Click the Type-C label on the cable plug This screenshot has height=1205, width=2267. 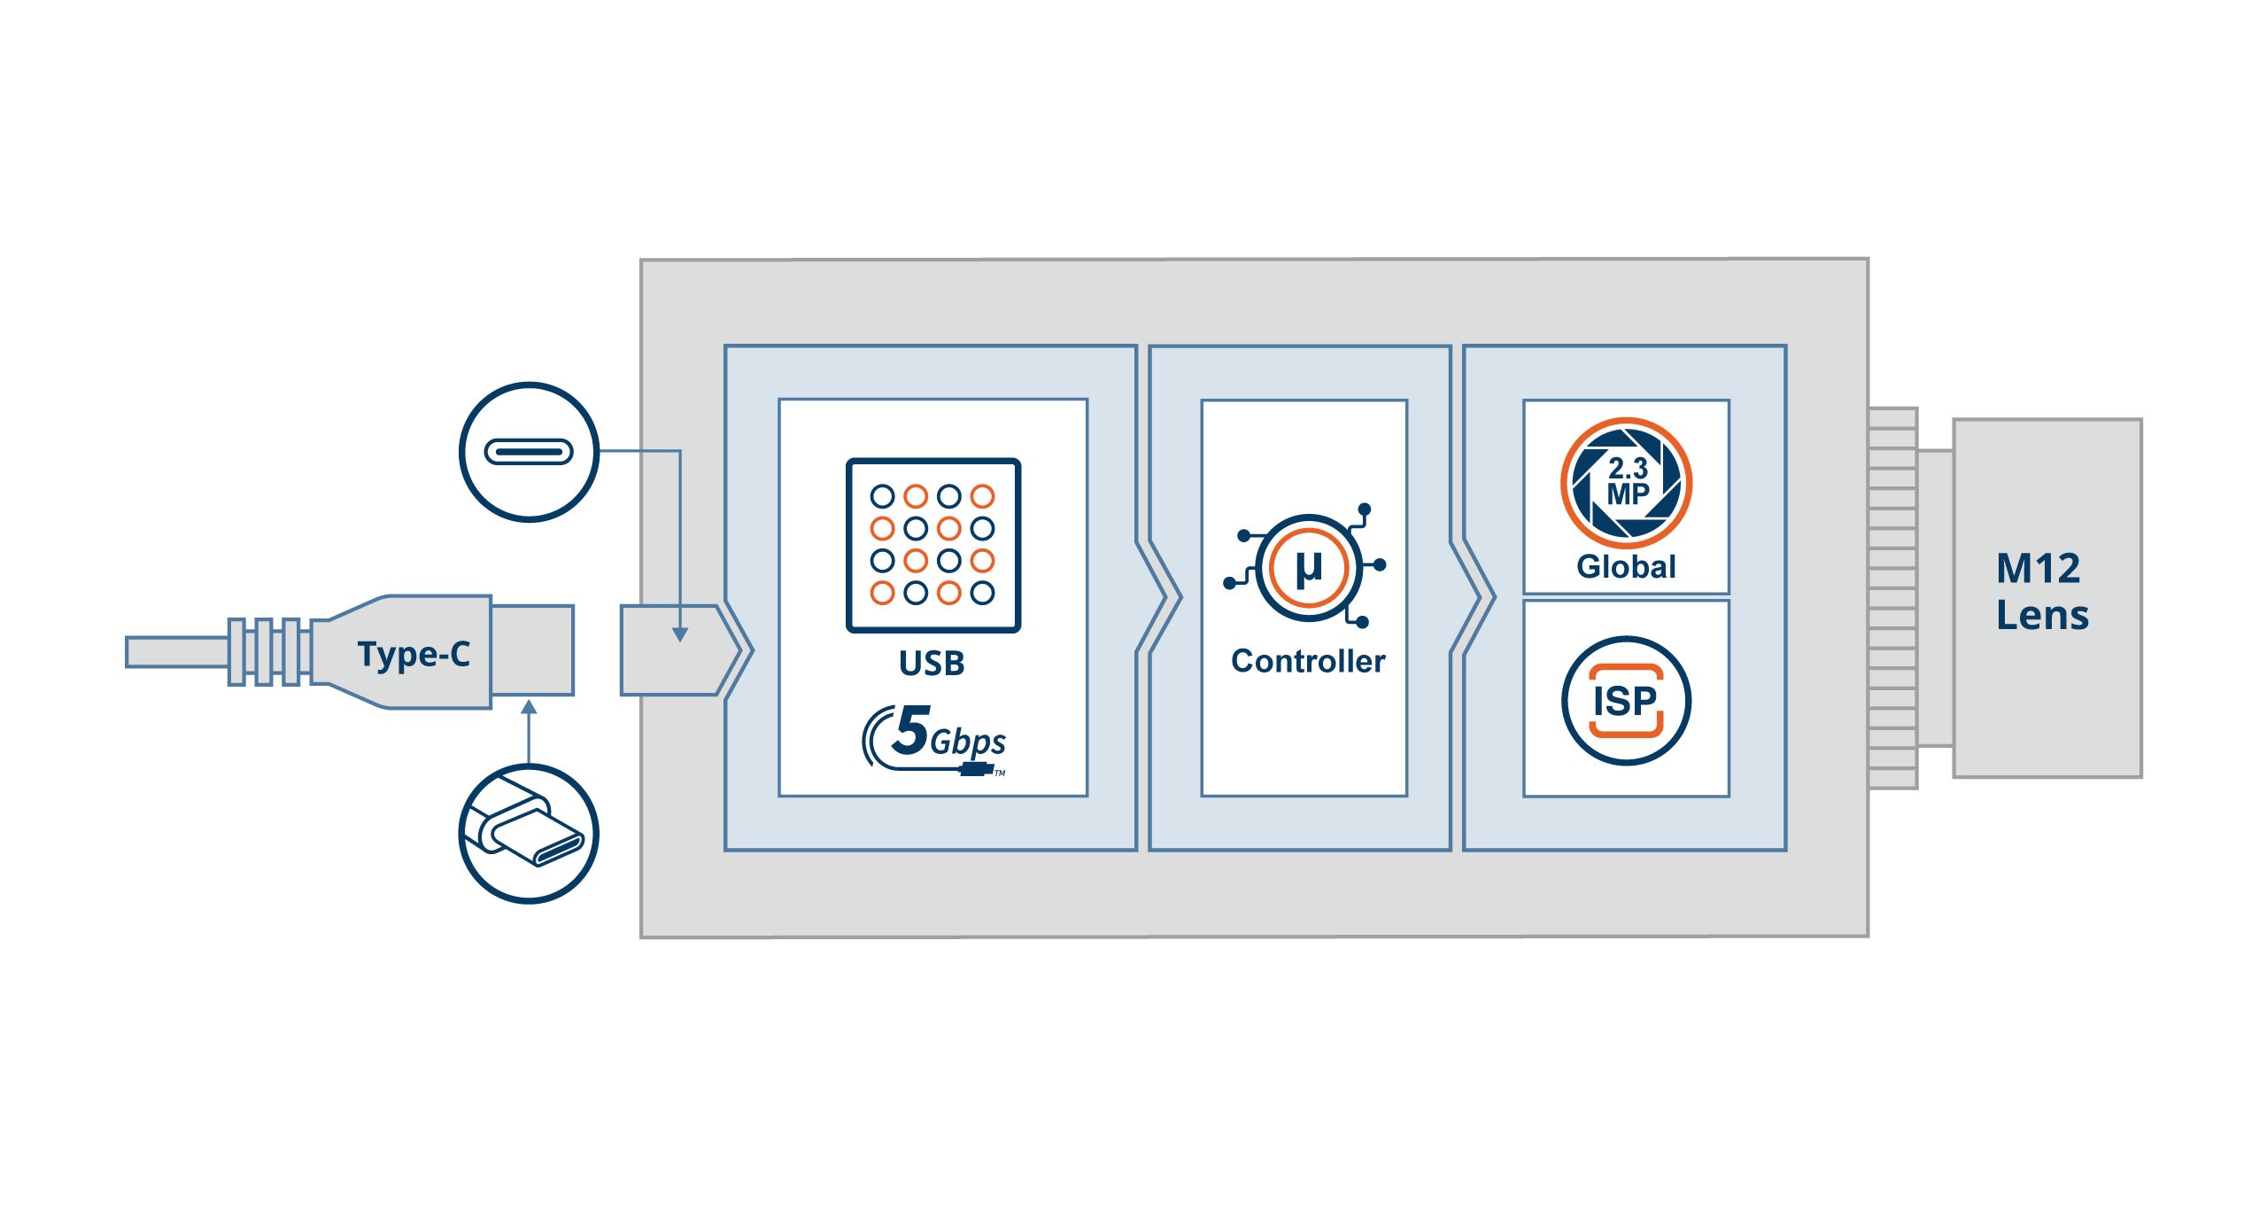click(414, 655)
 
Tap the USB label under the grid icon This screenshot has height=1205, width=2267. click(932, 664)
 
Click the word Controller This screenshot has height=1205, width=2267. click(1308, 662)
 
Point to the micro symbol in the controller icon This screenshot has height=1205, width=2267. click(1308, 568)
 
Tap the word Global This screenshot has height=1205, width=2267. click(1626, 567)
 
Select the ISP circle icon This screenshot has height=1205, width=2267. click(1626, 701)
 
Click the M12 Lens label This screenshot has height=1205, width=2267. click(2041, 592)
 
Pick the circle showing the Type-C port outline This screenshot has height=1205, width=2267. click(529, 452)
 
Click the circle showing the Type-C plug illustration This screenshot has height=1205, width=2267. click(529, 834)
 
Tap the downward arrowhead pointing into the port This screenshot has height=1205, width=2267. click(679, 634)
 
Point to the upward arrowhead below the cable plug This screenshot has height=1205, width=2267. click(529, 707)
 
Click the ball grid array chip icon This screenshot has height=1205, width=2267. click(932, 545)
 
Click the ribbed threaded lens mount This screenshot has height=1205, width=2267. click(1892, 598)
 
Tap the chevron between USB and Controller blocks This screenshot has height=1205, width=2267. click(1160, 598)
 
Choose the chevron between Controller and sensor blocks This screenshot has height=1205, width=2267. click(1474, 598)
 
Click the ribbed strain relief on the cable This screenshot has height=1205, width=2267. click(266, 652)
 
